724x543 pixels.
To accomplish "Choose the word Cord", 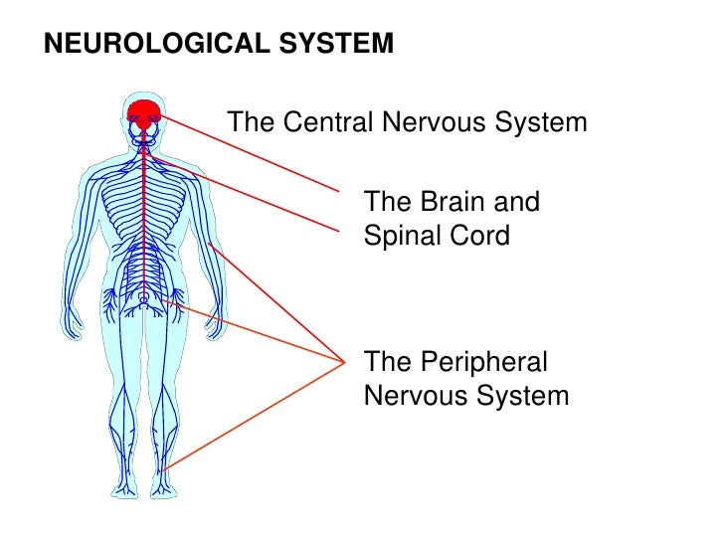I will point(484,237).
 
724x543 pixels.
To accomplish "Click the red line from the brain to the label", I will point(249,150).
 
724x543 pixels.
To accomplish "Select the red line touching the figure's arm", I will point(269,298).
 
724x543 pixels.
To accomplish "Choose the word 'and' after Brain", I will point(517,203).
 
